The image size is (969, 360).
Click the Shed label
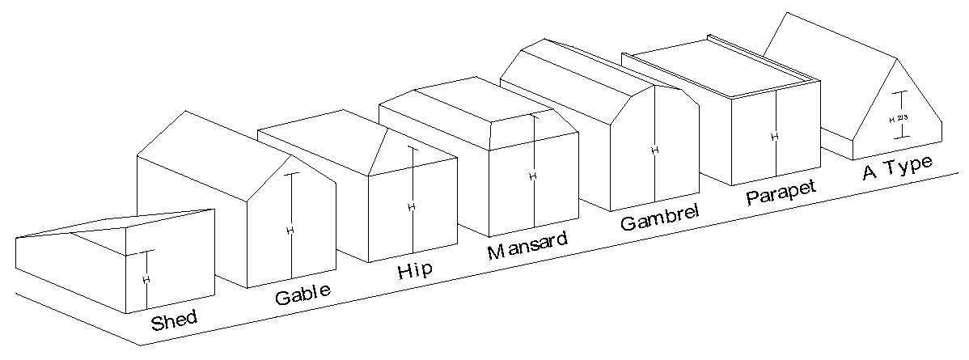click(174, 320)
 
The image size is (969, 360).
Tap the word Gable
click(303, 294)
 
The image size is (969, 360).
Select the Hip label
click(414, 269)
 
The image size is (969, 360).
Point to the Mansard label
click(527, 245)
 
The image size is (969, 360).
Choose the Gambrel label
click(659, 218)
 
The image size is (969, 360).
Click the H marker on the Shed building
click(146, 279)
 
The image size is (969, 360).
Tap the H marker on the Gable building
click(290, 231)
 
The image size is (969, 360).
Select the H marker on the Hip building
click(412, 207)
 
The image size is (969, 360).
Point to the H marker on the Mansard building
click(532, 176)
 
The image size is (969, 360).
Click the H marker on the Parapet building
click(774, 137)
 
